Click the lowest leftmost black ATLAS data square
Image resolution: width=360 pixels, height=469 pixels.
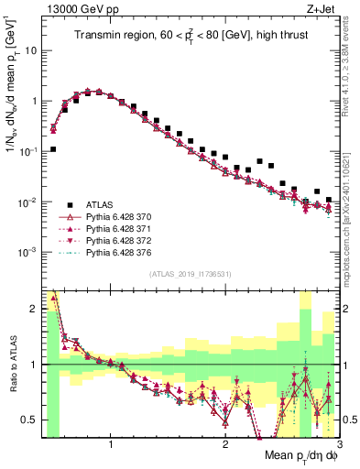(53, 149)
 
